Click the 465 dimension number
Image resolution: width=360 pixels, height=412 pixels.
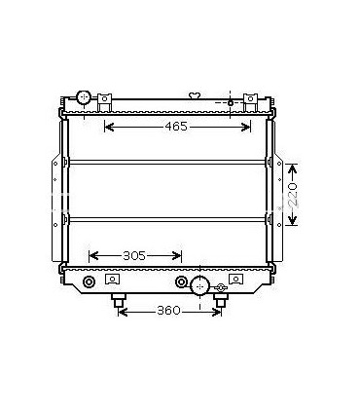177,128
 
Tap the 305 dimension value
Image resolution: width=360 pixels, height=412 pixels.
134,256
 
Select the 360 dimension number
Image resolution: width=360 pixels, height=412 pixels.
169,311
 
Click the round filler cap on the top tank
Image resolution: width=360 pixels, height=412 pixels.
84,97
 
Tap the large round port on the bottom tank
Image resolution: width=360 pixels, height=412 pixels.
199,285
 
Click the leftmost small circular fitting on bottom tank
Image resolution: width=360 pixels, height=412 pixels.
90,283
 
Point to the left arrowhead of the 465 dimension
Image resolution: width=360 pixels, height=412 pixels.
108,128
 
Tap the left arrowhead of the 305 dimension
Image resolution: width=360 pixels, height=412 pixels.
92,256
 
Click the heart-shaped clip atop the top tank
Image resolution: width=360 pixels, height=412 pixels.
195,95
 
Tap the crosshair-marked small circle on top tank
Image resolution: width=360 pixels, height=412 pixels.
230,102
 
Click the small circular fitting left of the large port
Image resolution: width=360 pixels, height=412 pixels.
181,283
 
